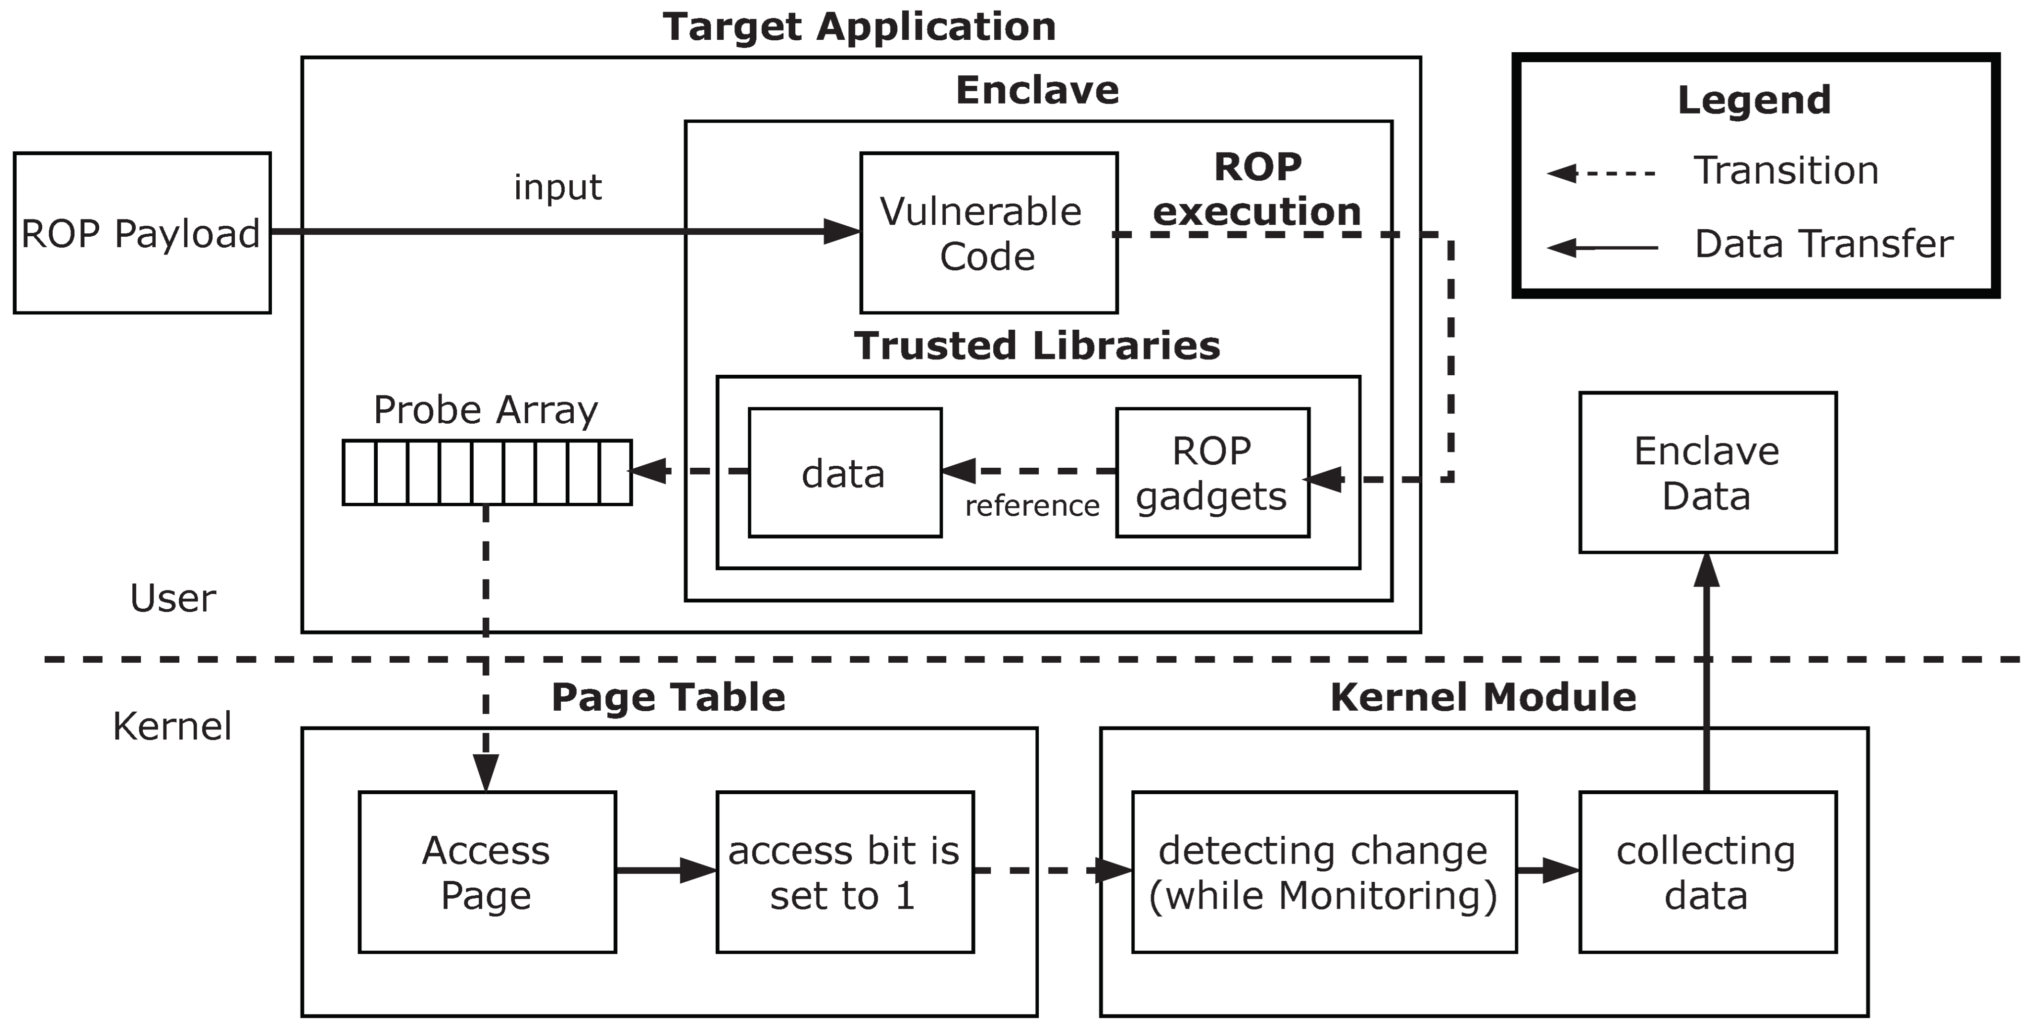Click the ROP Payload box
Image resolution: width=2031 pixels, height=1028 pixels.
click(142, 233)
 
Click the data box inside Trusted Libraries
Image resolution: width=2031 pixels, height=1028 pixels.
click(845, 473)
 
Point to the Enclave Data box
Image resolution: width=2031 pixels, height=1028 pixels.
click(1707, 473)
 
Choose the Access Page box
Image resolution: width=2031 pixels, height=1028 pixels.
click(487, 872)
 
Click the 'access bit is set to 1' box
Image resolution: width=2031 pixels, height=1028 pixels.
click(845, 872)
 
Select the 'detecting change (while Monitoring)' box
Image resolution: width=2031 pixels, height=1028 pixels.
click(1324, 872)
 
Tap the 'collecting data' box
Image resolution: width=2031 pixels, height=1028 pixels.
click(1707, 872)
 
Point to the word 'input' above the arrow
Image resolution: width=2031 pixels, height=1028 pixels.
click(557, 187)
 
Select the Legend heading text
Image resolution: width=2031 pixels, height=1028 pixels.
click(1753, 100)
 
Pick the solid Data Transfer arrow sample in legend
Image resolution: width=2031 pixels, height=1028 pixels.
click(1601, 248)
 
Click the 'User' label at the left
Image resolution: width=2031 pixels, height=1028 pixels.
click(173, 599)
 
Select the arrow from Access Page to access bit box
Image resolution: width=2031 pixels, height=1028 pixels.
click(665, 870)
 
